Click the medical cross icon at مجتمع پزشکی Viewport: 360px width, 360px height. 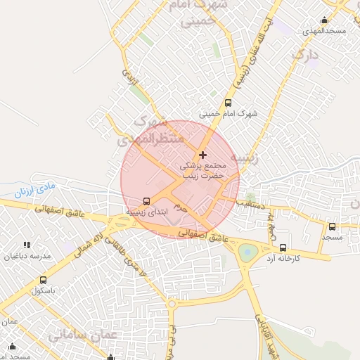[203, 155]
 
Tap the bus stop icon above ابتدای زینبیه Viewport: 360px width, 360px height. [146, 200]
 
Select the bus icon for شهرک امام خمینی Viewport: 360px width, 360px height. [227, 103]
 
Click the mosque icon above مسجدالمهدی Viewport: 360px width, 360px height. [323, 20]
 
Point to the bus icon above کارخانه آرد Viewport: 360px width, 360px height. [283, 247]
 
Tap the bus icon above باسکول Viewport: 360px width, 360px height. [44, 279]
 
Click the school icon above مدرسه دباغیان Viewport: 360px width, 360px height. [27, 245]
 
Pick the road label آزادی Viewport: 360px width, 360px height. [130, 77]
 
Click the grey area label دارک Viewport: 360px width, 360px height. [304, 54]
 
